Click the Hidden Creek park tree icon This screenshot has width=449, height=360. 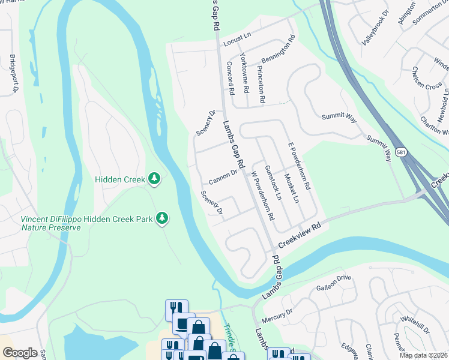click(x=154, y=178)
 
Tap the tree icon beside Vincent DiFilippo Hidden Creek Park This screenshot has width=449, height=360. click(x=161, y=219)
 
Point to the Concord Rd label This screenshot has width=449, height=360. click(x=231, y=78)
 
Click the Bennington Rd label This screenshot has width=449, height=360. click(x=278, y=50)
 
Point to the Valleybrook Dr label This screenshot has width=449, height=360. click(x=376, y=29)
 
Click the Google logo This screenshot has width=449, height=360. click(x=20, y=353)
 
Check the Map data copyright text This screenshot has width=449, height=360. click(x=423, y=355)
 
